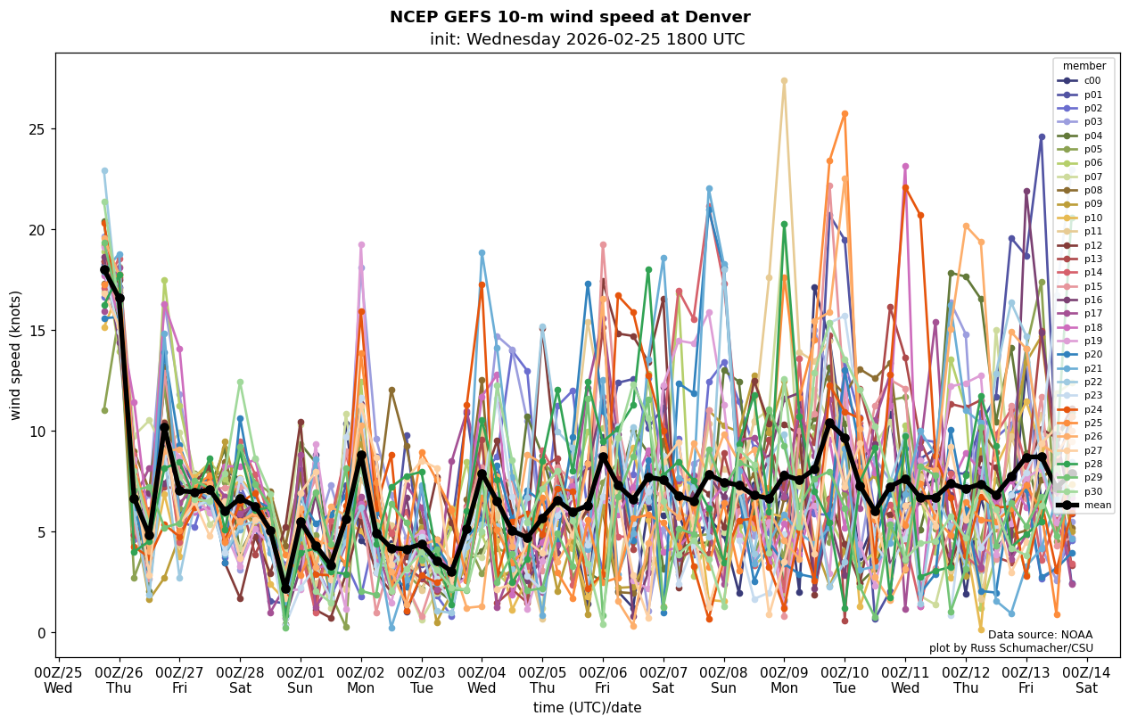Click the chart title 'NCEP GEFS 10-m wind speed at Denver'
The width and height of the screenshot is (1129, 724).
[570, 17]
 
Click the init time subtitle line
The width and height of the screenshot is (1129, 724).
[587, 39]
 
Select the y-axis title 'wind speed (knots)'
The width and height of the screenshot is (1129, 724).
[15, 355]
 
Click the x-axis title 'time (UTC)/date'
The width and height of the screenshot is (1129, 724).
[587, 707]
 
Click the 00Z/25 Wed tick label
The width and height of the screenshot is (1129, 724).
[58, 679]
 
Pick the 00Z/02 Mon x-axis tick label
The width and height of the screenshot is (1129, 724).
[361, 679]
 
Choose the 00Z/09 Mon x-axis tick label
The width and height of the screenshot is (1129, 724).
[784, 679]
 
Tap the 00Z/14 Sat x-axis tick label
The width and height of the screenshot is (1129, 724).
[1086, 679]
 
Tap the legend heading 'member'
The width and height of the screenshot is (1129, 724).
[1084, 66]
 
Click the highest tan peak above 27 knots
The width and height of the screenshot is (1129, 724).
[784, 81]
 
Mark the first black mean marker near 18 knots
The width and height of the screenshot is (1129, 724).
[104, 269]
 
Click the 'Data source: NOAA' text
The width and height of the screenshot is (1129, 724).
[1040, 635]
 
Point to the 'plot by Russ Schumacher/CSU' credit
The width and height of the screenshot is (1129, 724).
[1010, 648]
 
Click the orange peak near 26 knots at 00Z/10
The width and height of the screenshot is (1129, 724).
[845, 114]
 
